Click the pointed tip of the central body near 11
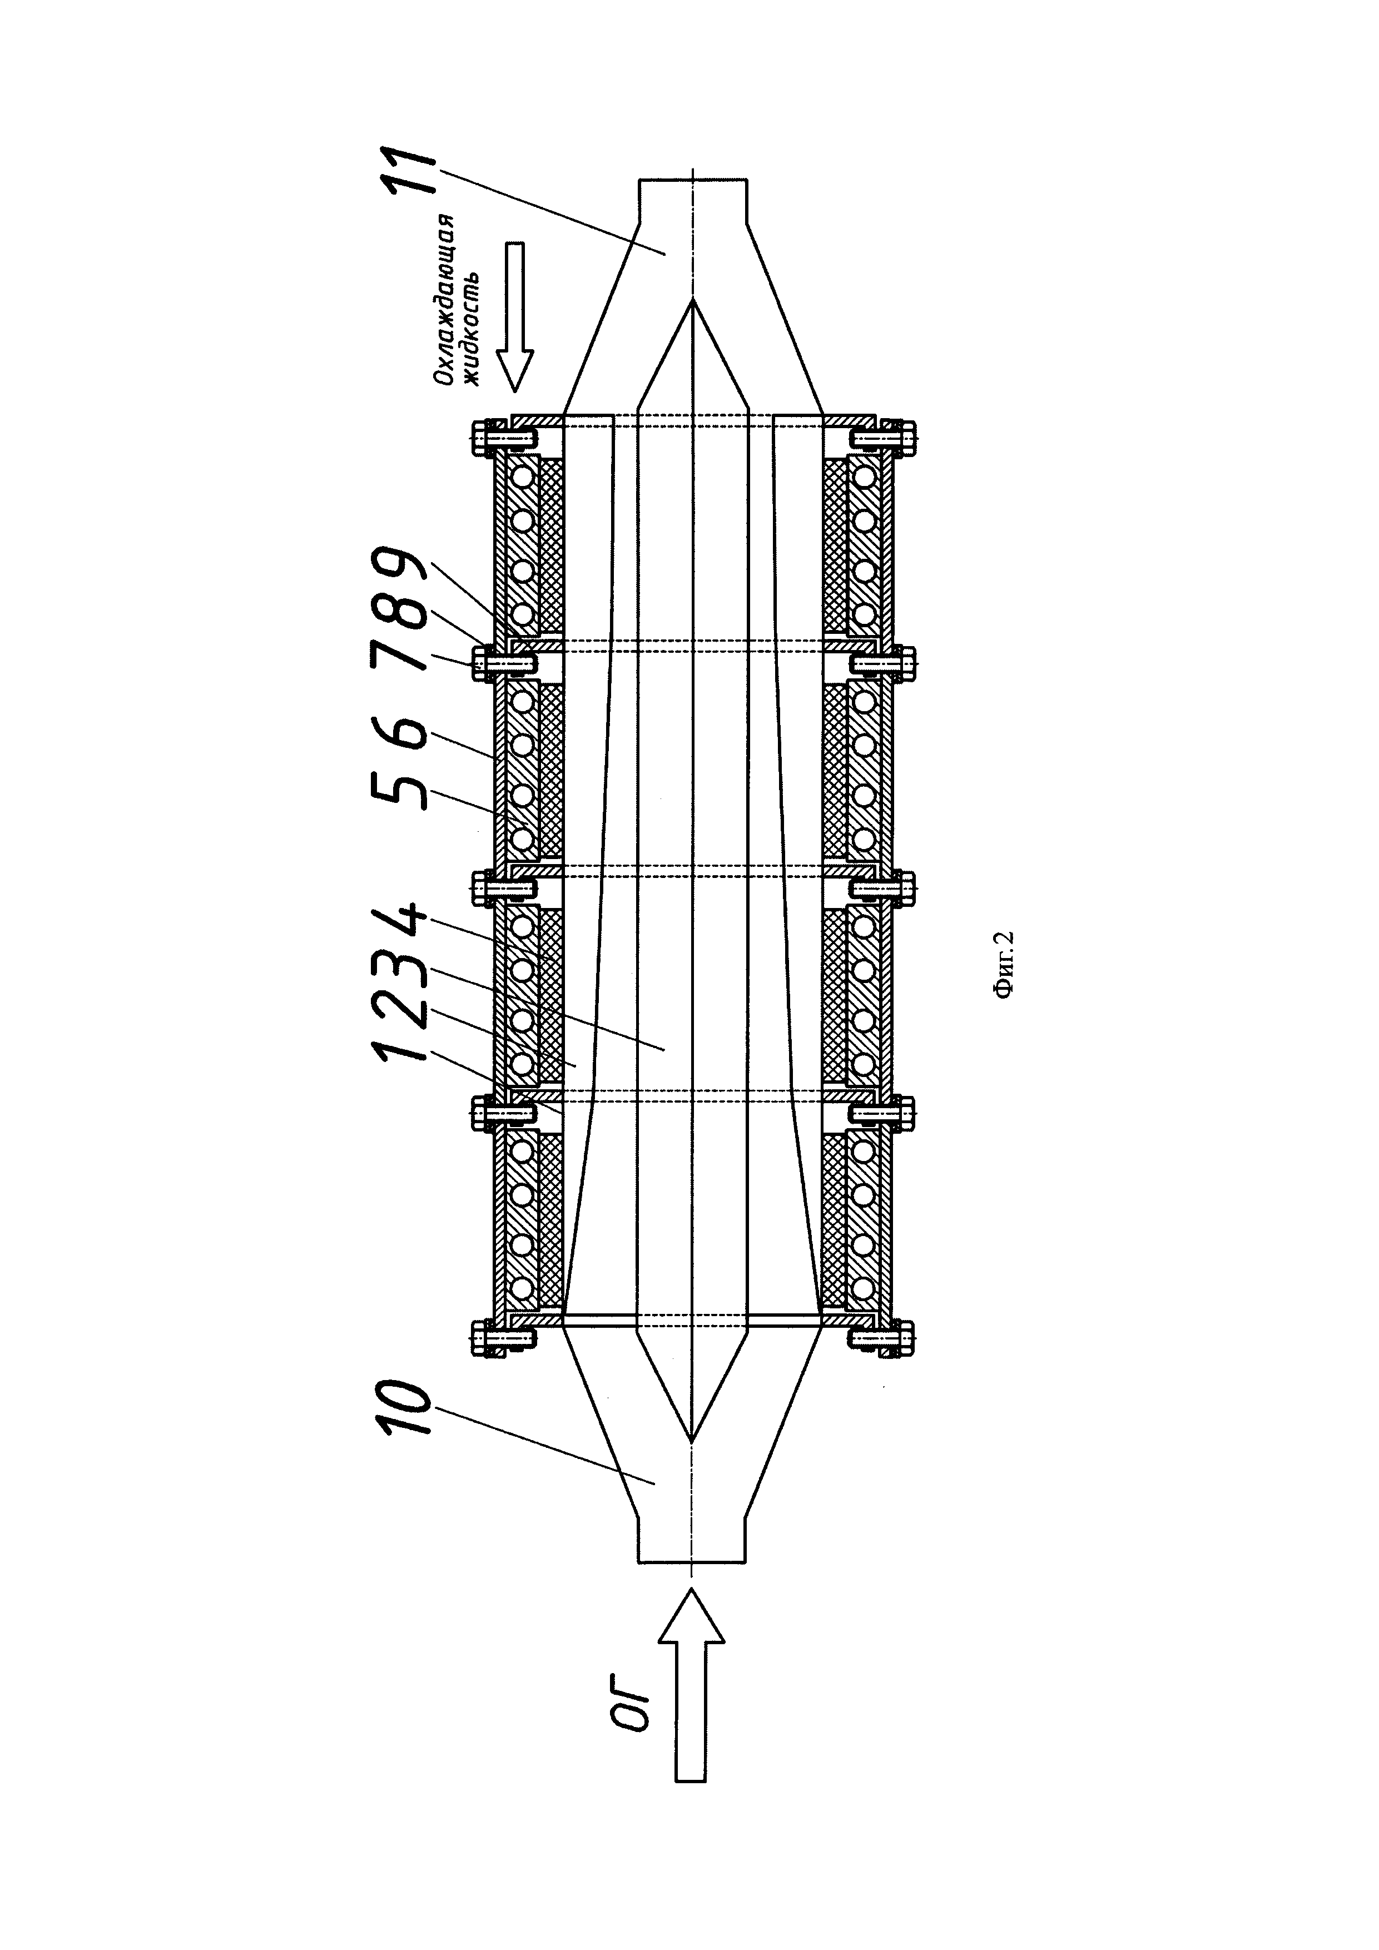click(x=693, y=301)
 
